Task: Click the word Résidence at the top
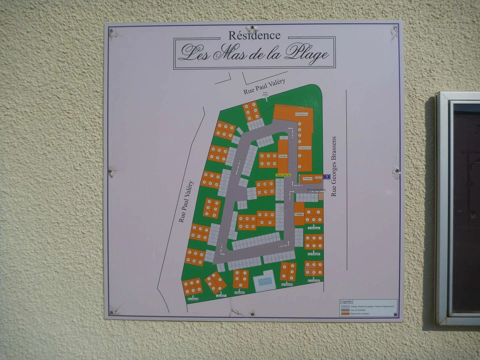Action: pos(254,35)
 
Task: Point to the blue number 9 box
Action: pos(327,176)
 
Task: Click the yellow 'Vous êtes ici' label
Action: pos(283,175)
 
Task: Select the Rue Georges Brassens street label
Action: pos(334,166)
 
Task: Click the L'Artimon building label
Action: pos(314,228)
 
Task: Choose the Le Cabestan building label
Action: pos(314,280)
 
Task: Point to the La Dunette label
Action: pos(287,284)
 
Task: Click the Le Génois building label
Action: pos(193,298)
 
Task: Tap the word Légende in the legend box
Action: pos(346,301)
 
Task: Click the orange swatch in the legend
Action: pos(344,314)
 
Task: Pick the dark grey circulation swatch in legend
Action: pos(344,310)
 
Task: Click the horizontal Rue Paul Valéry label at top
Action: pos(264,87)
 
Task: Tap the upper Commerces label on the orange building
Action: pos(302,114)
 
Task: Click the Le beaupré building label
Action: pos(314,254)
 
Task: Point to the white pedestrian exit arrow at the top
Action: pos(265,97)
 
